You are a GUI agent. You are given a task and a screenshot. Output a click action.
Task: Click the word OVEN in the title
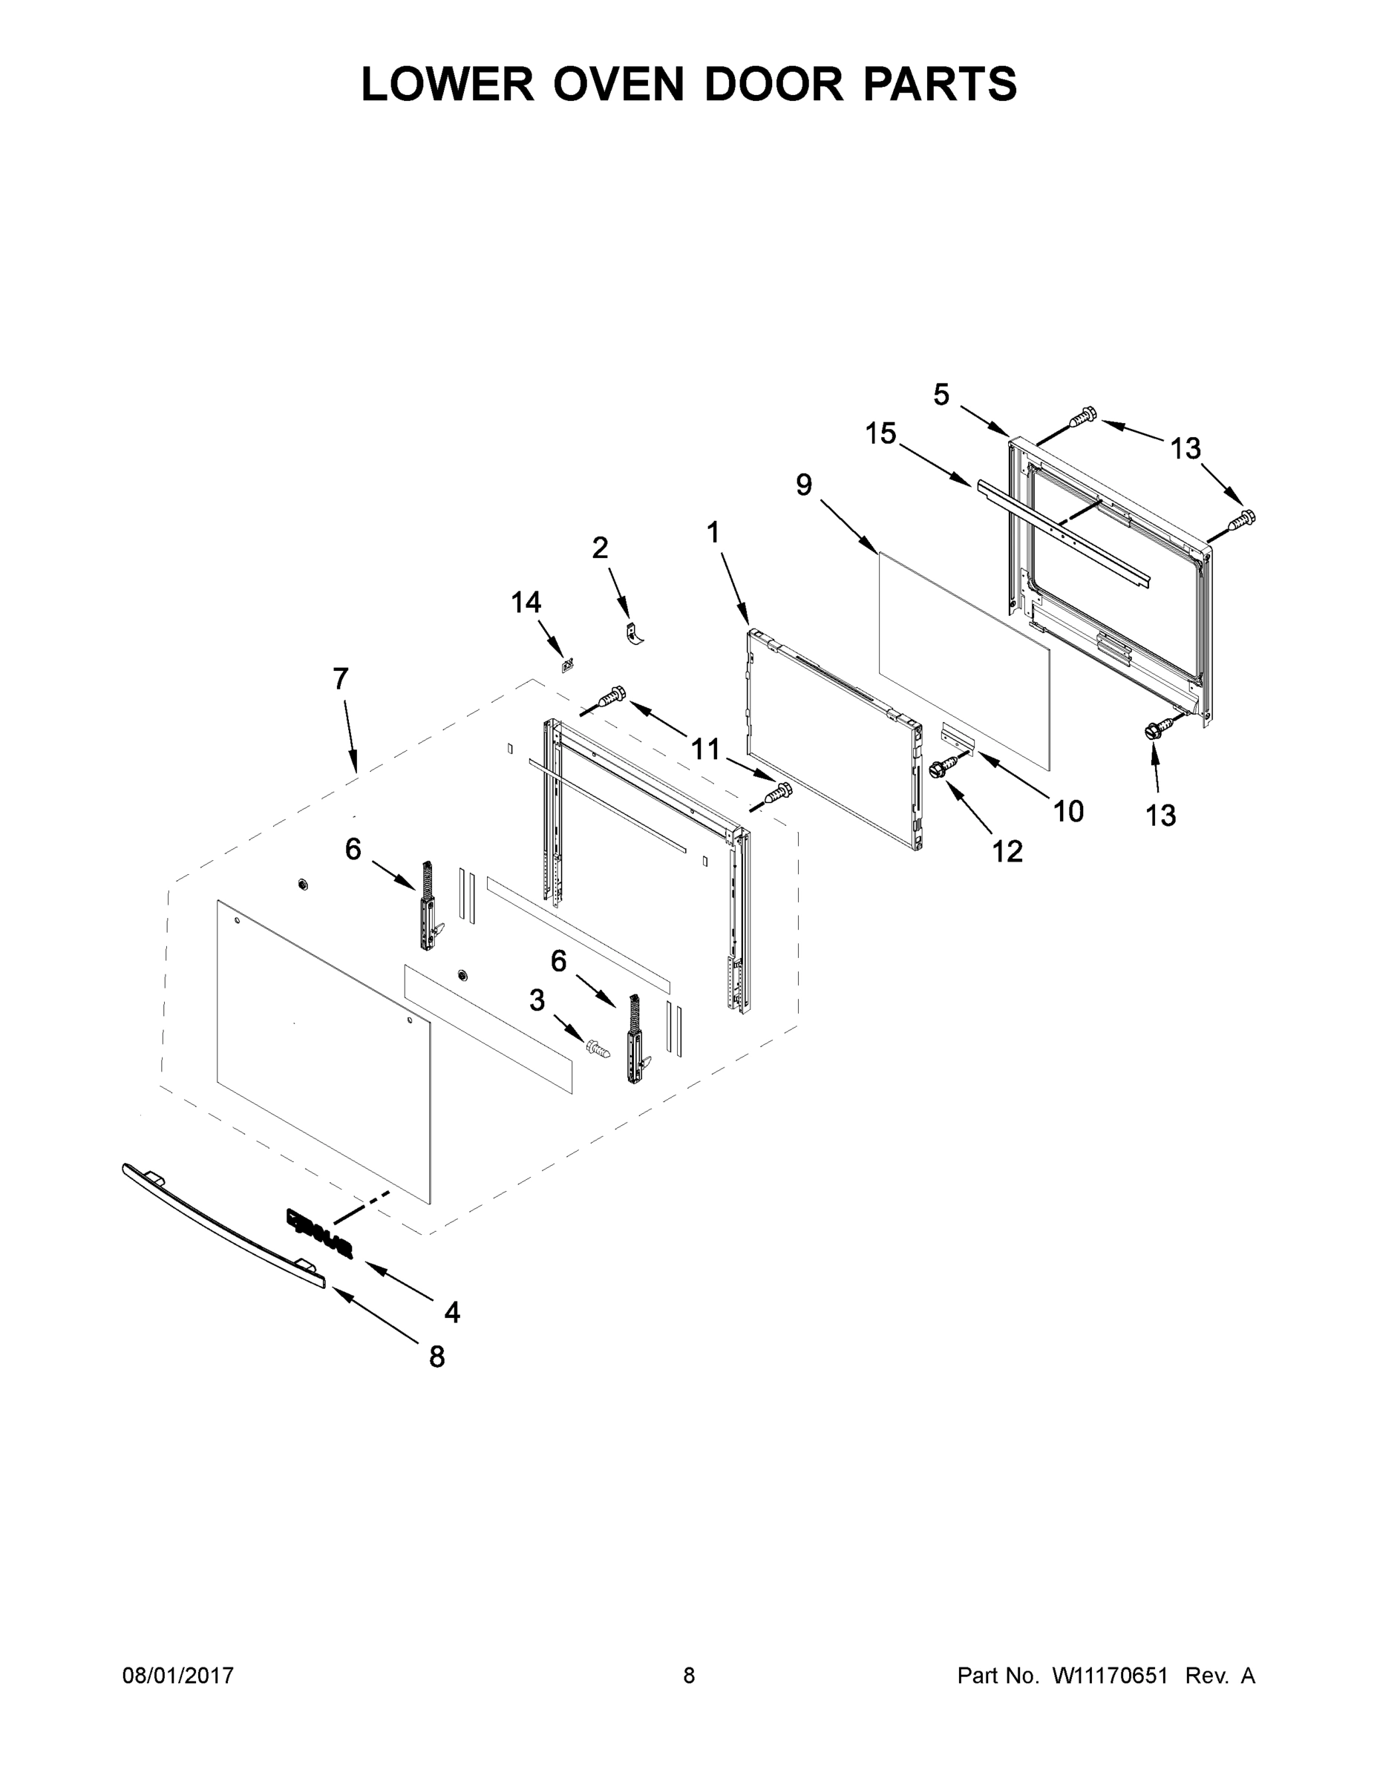(618, 84)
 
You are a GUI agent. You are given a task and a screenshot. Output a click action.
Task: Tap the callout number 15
(881, 434)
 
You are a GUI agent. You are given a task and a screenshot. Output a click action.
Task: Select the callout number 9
(805, 485)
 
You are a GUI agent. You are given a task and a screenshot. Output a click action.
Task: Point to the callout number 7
(341, 678)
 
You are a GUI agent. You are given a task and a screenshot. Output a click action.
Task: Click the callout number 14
(526, 602)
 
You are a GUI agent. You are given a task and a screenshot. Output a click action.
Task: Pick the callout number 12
(1007, 851)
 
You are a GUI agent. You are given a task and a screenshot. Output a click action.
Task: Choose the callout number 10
(1068, 810)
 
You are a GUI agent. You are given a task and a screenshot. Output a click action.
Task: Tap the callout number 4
(452, 1312)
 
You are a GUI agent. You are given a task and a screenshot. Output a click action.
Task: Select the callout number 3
(537, 1000)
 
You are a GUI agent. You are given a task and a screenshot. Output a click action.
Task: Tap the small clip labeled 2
(635, 634)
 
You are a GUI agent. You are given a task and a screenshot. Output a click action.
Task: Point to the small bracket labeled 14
(567, 664)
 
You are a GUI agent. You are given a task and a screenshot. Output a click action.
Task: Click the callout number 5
(941, 395)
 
